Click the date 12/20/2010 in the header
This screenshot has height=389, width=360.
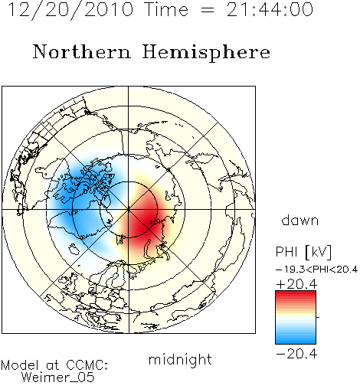70,10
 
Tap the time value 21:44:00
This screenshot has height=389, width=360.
270,9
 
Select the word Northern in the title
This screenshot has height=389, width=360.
82,52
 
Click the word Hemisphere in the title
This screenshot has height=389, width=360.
206,53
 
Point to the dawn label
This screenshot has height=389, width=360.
300,221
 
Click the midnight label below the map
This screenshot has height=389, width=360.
180,361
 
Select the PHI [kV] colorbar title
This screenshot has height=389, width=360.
303,252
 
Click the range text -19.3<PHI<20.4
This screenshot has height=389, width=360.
316,270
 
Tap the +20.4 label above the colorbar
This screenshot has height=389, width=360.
296,284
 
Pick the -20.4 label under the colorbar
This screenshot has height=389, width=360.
296,354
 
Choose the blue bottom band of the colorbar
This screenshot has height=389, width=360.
296,338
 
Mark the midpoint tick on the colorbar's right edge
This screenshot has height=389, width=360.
318,317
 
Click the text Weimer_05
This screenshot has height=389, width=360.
58,378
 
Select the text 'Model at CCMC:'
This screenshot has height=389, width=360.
54,365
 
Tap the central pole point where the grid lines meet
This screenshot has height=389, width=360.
129,210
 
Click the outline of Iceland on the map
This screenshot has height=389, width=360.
74,249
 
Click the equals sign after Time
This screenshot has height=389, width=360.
208,10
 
